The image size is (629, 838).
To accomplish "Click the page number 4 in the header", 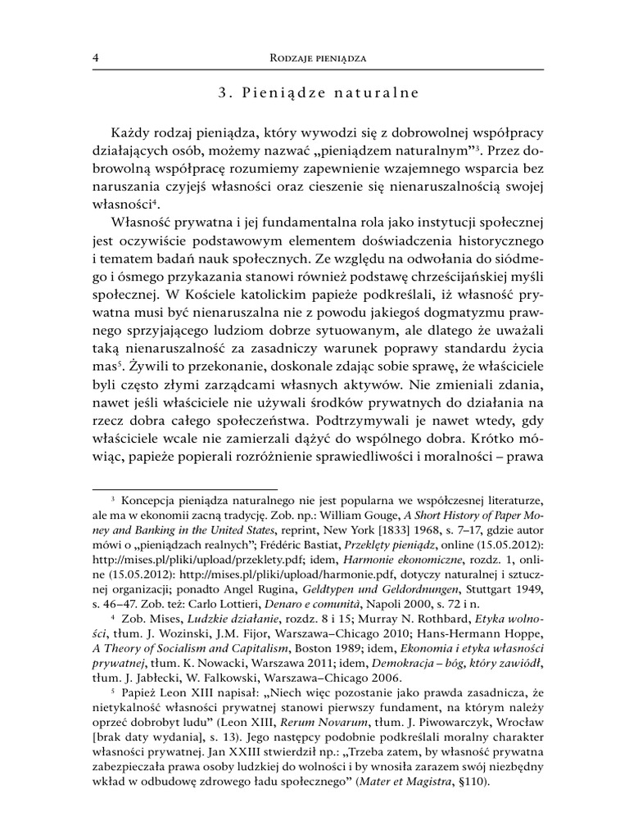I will [x=97, y=58].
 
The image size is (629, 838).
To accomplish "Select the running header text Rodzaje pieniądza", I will [x=320, y=58].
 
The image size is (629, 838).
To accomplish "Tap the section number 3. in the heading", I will [x=224, y=93].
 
